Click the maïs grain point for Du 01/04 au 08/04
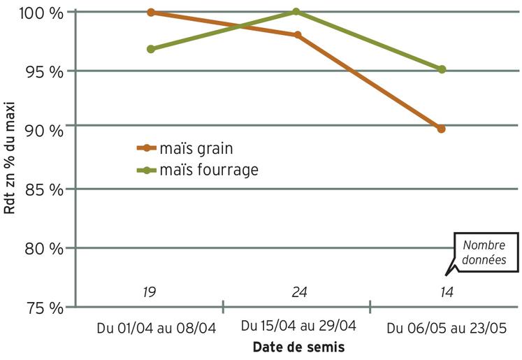click(x=151, y=13)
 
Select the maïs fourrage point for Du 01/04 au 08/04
click(x=151, y=49)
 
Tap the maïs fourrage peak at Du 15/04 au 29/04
click(x=296, y=11)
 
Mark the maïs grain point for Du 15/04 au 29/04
click(x=298, y=34)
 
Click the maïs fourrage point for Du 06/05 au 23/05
click(x=442, y=69)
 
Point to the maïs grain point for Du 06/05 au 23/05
click(x=441, y=129)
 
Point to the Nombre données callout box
click(x=486, y=252)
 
